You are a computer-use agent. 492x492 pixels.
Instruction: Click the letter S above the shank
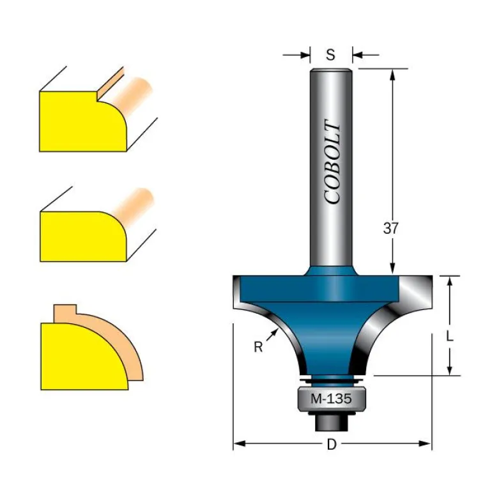point(330,55)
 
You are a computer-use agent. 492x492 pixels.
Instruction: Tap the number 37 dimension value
point(390,228)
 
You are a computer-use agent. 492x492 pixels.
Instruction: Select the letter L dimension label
point(450,337)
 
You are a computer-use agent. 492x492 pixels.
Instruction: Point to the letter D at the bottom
point(332,444)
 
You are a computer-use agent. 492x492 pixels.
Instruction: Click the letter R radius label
point(258,347)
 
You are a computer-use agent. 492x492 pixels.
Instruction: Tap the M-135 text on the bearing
point(331,399)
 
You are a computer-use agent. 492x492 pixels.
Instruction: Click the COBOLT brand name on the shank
point(332,162)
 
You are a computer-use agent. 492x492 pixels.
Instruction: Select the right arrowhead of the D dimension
point(425,443)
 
